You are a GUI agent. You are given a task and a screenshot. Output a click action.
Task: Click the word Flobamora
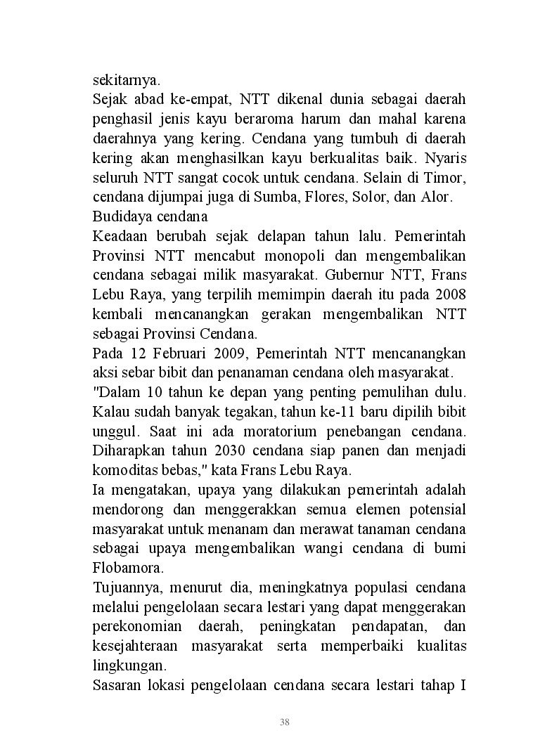point(125,566)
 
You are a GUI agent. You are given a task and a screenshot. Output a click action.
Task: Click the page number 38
point(284,722)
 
